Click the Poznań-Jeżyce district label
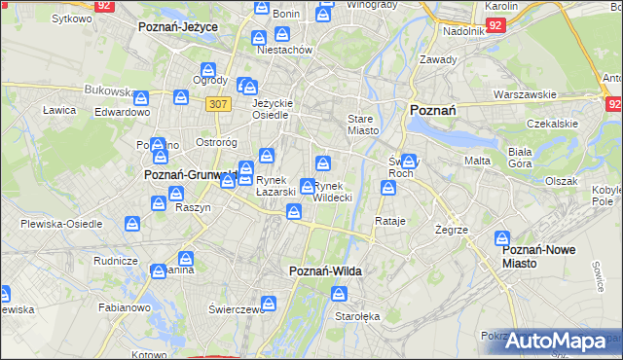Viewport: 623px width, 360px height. [177, 27]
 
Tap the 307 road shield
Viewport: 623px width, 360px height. [217, 103]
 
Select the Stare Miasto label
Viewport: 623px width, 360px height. [362, 124]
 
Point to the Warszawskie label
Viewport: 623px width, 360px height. [525, 95]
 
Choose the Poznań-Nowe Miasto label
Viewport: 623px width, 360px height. [538, 256]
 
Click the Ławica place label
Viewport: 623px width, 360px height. [59, 110]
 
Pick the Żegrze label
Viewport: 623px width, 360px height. [454, 230]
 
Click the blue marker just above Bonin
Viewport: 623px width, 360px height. [262, 8]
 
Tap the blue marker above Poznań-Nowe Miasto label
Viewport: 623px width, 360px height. [502, 237]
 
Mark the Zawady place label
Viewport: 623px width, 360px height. [438, 60]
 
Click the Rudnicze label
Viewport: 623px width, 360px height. [115, 261]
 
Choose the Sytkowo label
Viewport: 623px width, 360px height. [71, 18]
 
